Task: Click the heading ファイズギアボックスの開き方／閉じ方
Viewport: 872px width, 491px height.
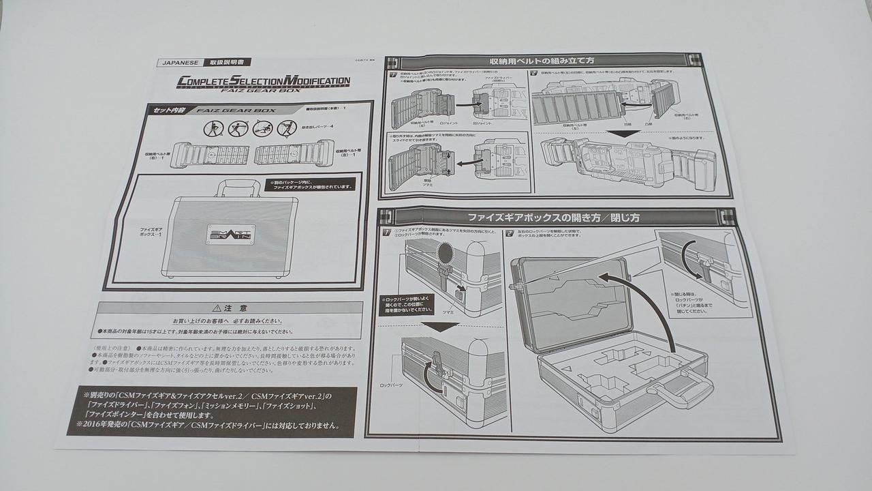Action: [552, 218]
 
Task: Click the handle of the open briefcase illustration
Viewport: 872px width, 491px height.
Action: [681, 390]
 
